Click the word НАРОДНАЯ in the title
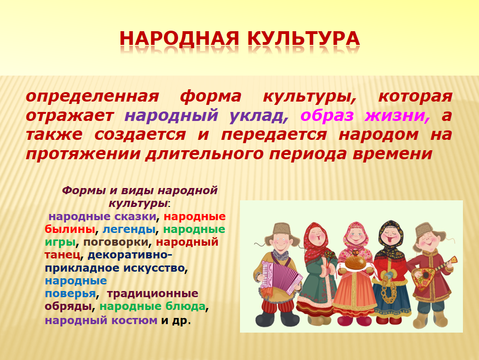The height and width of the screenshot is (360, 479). coord(180,39)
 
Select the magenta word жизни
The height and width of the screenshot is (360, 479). coord(397,116)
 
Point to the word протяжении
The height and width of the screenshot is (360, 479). coord(83,154)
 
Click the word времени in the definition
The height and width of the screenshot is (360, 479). coord(393,154)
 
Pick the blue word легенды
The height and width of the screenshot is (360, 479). coord(129,229)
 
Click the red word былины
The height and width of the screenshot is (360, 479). coord(69,229)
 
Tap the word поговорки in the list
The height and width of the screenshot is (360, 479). coord(116,242)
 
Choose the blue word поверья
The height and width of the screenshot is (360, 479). coord(70,294)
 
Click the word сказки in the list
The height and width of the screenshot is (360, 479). coord(135,216)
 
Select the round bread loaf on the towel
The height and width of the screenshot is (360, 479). coord(355,261)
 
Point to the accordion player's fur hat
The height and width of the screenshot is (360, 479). coord(282,232)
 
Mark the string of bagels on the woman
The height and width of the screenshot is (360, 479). coord(388,289)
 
